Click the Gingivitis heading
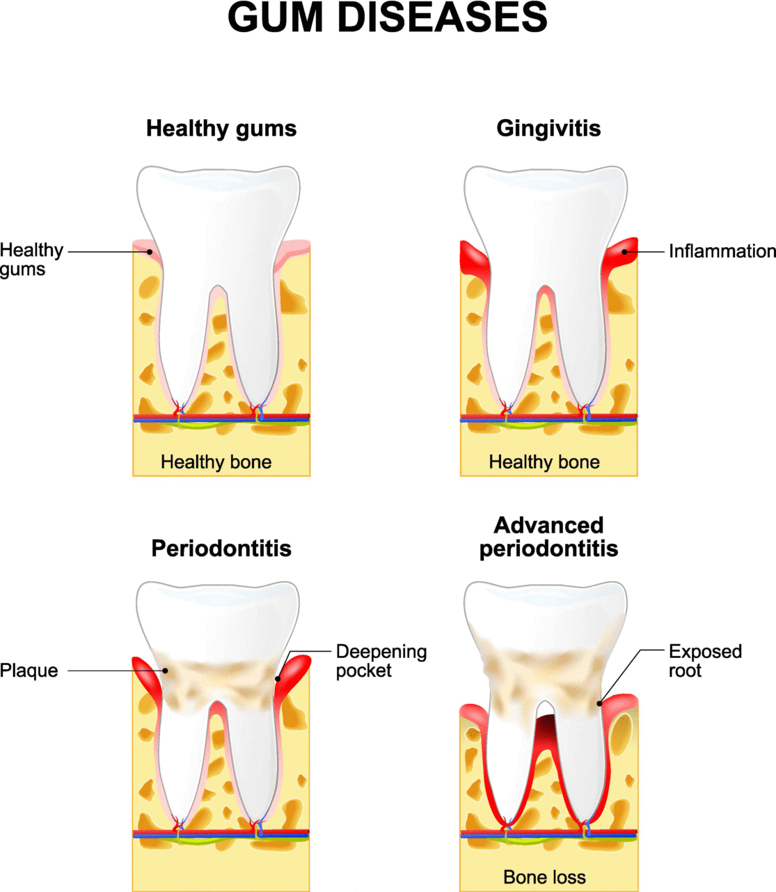tap(548, 129)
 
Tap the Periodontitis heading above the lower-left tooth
tap(221, 549)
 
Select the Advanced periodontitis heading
tap(548, 537)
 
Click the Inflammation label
tap(722, 251)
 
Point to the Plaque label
tap(29, 671)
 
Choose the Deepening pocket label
tap(381, 661)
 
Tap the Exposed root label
tap(705, 661)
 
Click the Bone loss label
tap(544, 877)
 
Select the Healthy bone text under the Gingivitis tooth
tap(544, 462)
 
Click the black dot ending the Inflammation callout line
tap(624, 251)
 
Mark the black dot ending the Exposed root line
tap(599, 703)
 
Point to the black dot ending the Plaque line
tap(165, 671)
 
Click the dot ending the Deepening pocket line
tap(278, 679)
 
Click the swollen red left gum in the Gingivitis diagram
tap(474, 262)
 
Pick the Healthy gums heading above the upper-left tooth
tap(221, 129)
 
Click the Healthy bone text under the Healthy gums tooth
tap(216, 462)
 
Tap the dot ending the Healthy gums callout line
tap(150, 251)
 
